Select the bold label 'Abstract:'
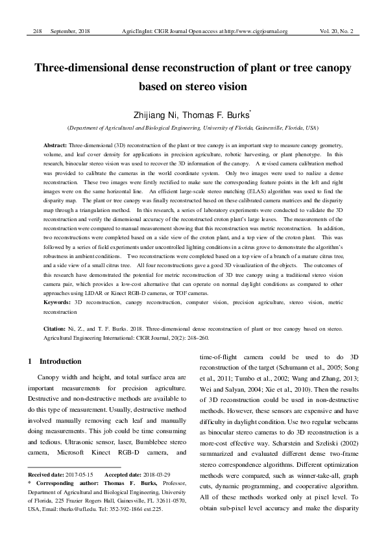[55, 139]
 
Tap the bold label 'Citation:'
[56, 329]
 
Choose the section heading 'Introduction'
[60, 361]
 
